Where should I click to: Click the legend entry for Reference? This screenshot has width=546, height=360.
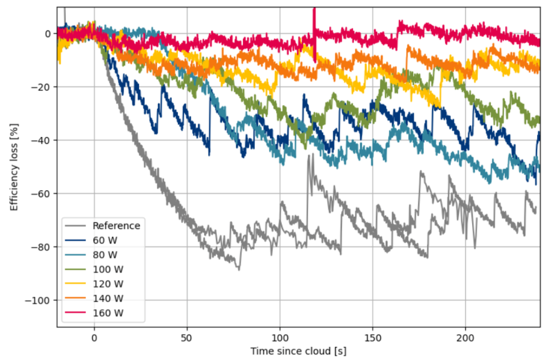tap(116, 226)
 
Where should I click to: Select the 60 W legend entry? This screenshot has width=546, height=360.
tap(105, 240)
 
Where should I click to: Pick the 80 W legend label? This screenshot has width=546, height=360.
tap(105, 254)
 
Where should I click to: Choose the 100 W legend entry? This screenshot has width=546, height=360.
tap(108, 269)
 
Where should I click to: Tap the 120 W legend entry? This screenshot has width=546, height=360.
tap(108, 283)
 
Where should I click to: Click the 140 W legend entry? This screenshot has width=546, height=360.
tap(108, 298)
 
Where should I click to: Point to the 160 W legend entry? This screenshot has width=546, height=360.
tap(108, 312)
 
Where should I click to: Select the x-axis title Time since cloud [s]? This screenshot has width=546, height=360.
tap(298, 351)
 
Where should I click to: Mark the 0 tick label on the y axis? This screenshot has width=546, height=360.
tap(48, 34)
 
